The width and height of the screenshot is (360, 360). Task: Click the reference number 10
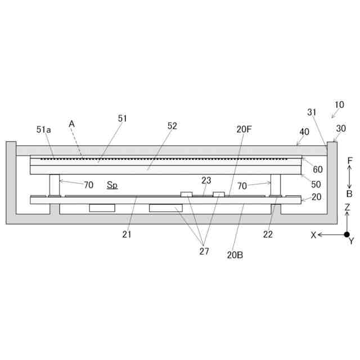(x=339, y=105)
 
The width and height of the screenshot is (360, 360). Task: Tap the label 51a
(x=44, y=129)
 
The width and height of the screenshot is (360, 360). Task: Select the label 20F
(x=244, y=129)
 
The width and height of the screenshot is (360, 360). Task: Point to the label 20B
(x=235, y=254)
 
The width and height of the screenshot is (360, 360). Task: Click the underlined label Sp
(x=112, y=184)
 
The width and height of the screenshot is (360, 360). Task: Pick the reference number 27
(x=204, y=251)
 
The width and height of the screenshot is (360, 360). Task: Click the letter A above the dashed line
(x=71, y=123)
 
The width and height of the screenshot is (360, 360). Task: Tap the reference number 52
(x=172, y=126)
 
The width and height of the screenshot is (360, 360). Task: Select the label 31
(x=312, y=112)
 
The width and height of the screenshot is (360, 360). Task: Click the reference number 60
(x=318, y=169)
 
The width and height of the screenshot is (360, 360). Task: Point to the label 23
(x=206, y=180)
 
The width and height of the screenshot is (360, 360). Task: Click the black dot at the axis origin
(x=347, y=235)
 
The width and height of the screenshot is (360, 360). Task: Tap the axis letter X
(x=313, y=235)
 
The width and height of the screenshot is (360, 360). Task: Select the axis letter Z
(x=347, y=208)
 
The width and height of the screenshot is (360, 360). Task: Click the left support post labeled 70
(x=55, y=184)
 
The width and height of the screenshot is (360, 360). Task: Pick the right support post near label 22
(x=276, y=184)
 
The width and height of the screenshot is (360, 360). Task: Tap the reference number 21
(x=127, y=235)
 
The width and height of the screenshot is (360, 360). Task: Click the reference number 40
(x=304, y=132)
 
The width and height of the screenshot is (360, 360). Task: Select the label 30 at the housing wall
(x=341, y=128)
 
